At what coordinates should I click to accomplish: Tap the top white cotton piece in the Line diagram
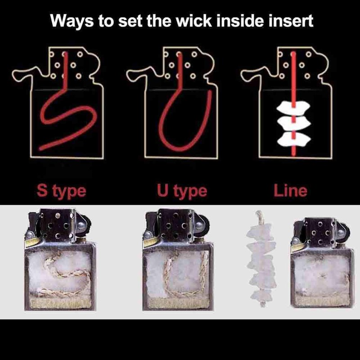point(293,108)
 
